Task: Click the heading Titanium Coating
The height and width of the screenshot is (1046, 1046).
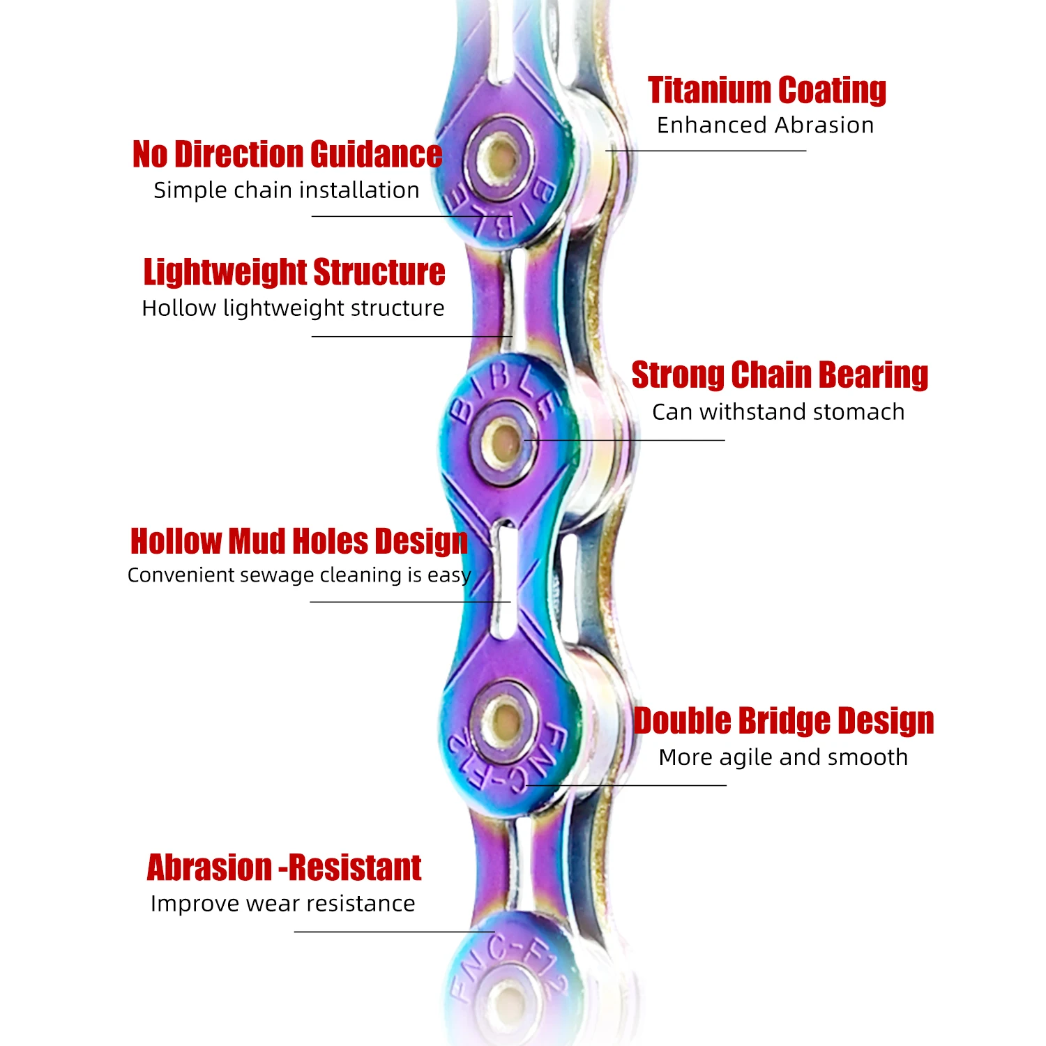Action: pyautogui.click(x=766, y=91)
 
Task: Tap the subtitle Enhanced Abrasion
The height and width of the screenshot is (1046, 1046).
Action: pyautogui.click(x=765, y=126)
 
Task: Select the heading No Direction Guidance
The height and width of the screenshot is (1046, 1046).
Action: pyautogui.click(x=287, y=154)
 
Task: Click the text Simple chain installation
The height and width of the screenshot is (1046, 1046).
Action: pyautogui.click(x=287, y=190)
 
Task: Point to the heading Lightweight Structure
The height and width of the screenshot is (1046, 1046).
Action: pyautogui.click(x=294, y=272)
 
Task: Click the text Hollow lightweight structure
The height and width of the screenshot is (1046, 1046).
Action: pyautogui.click(x=293, y=308)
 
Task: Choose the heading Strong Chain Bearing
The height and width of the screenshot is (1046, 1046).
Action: pyautogui.click(x=780, y=375)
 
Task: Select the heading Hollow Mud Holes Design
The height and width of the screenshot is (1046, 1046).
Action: pyautogui.click(x=298, y=541)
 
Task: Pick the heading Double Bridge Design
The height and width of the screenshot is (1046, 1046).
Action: pyautogui.click(x=783, y=721)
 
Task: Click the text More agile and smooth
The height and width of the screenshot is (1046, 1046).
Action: pyautogui.click(x=783, y=757)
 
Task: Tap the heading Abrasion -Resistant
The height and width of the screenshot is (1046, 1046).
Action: pyautogui.click(x=284, y=868)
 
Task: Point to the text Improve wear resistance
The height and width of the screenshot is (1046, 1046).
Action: pyautogui.click(x=282, y=904)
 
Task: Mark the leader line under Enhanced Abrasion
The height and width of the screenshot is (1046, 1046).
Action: pyautogui.click(x=706, y=151)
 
